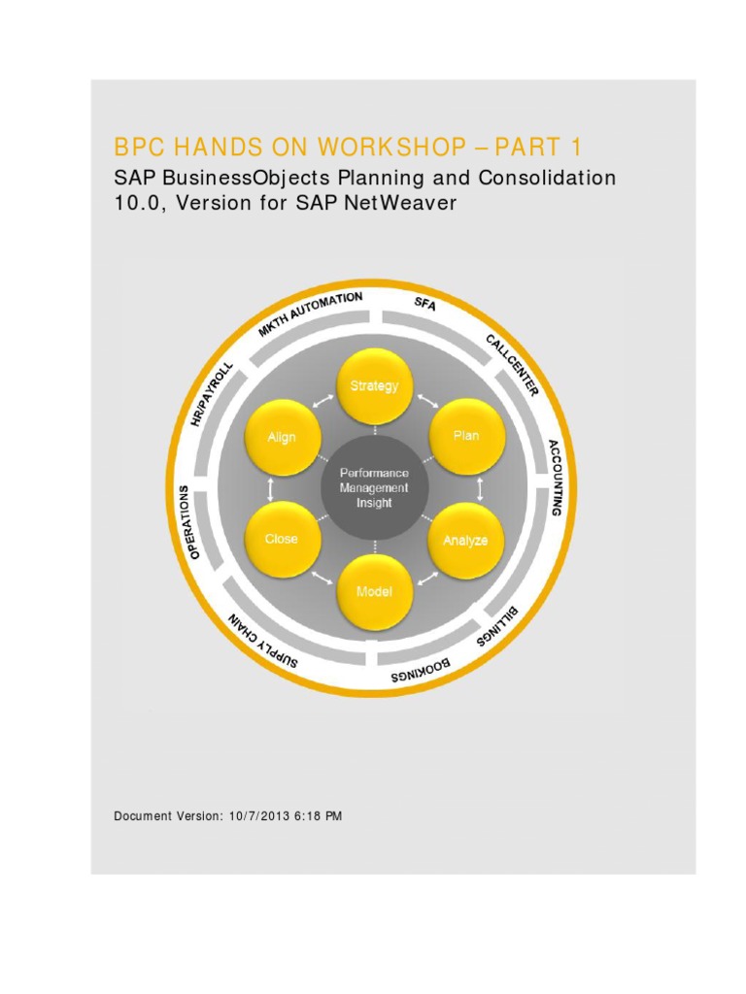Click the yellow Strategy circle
(374, 386)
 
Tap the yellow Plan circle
(466, 436)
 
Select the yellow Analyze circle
(465, 540)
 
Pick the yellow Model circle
(374, 591)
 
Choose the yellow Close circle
(282, 539)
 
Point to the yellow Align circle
(282, 437)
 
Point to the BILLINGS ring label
(498, 625)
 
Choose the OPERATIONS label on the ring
(192, 521)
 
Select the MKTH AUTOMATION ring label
(310, 313)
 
